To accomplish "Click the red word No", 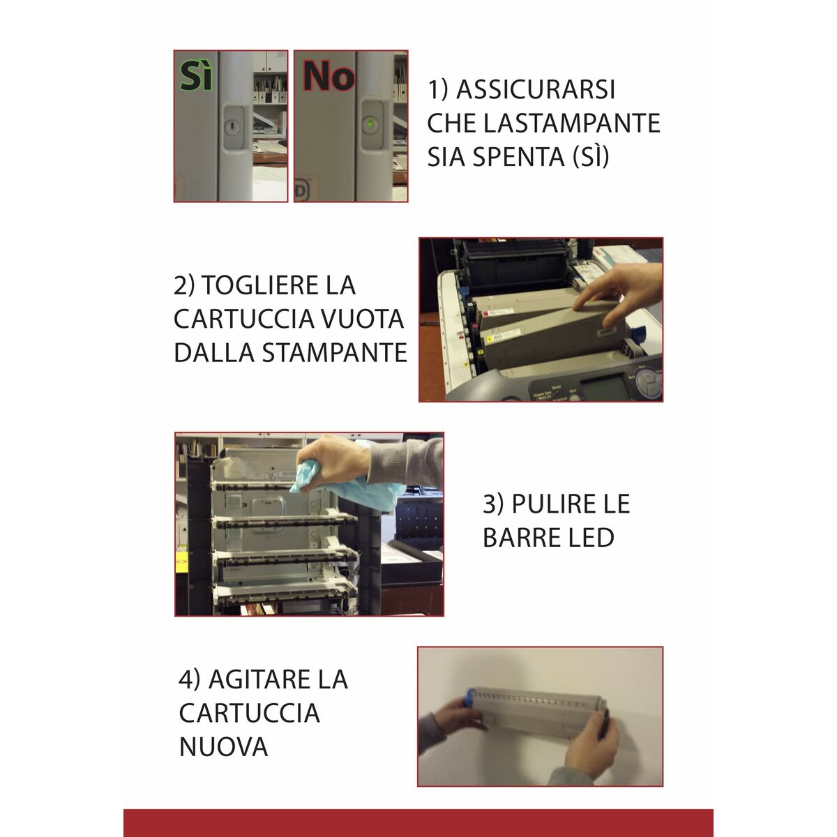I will coord(328,76).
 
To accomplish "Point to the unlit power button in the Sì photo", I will coord(232,126).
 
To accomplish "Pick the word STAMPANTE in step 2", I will coord(334,352).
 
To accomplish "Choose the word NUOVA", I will coord(223,746).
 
